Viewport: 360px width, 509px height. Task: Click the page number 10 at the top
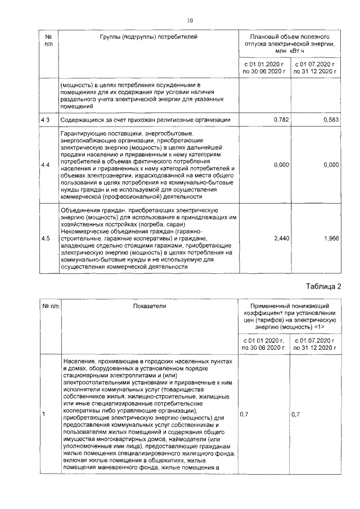(x=190, y=20)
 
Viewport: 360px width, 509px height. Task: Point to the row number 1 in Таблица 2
(x=44, y=415)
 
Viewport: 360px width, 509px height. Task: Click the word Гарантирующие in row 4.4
(x=83, y=133)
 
